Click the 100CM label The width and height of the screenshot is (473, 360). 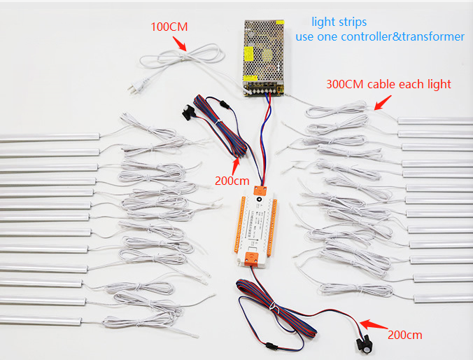click(170, 27)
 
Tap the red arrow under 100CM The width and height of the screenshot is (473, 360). click(180, 43)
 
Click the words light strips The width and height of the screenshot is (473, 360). click(339, 22)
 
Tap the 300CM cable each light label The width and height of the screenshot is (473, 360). click(388, 84)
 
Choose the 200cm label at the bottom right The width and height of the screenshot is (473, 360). click(405, 335)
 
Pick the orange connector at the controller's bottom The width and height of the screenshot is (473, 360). click(253, 261)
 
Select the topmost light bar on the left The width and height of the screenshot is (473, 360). click(49, 138)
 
